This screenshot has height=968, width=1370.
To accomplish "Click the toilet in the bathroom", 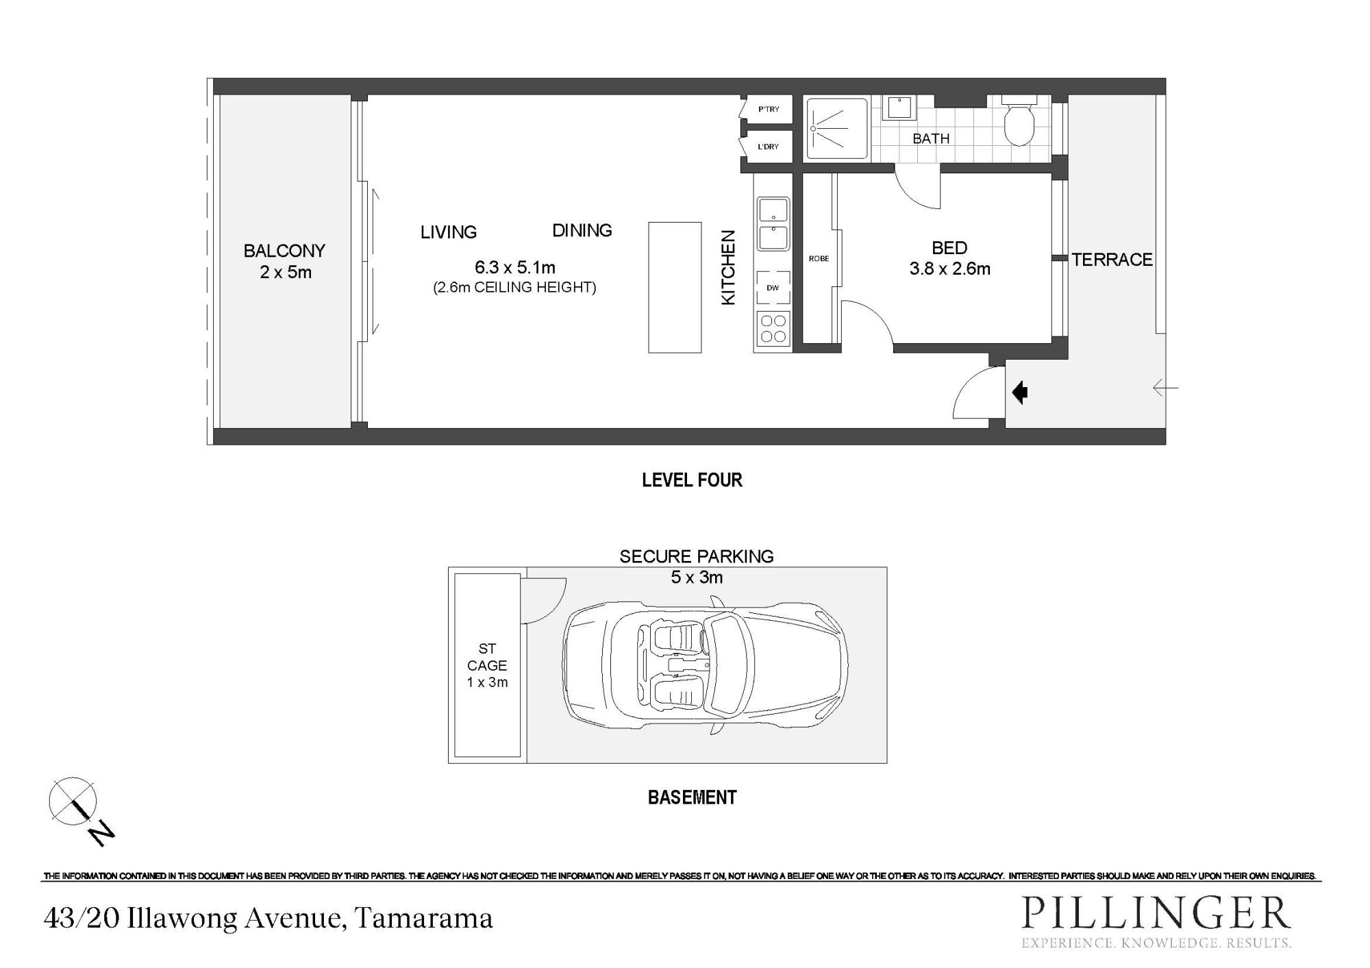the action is pyautogui.click(x=1019, y=122).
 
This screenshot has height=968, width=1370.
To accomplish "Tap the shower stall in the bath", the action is pyautogui.click(x=836, y=128).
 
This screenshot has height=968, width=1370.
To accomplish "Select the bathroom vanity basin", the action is pyautogui.click(x=897, y=108).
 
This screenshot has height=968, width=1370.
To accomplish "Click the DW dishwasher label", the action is pyautogui.click(x=773, y=288).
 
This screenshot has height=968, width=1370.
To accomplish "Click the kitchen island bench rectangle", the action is pyautogui.click(x=675, y=288).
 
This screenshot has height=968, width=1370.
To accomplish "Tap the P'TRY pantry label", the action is pyautogui.click(x=769, y=110).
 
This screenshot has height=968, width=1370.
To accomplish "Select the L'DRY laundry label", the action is pyautogui.click(x=768, y=147).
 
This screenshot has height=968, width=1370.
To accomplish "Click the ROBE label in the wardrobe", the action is pyautogui.click(x=819, y=259).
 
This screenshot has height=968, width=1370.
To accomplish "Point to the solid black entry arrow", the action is pyautogui.click(x=1020, y=393).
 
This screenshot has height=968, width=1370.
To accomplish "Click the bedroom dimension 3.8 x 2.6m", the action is pyautogui.click(x=949, y=269).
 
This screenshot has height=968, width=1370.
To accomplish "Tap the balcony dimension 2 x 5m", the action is pyautogui.click(x=286, y=273).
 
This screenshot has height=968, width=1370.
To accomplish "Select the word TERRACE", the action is pyautogui.click(x=1112, y=260).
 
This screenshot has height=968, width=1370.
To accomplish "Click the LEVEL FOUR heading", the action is pyautogui.click(x=692, y=480).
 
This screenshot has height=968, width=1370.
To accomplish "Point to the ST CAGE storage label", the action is pyautogui.click(x=487, y=657).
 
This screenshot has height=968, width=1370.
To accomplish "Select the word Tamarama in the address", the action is pyautogui.click(x=425, y=919).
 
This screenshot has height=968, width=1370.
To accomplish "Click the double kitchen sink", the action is pyautogui.click(x=773, y=224).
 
